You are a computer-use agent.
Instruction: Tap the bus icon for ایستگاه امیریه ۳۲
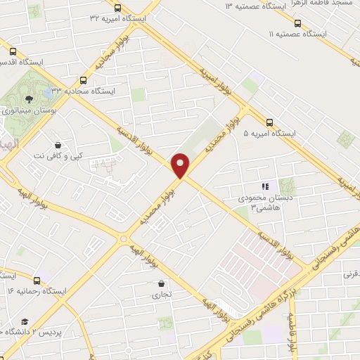click(117, 8)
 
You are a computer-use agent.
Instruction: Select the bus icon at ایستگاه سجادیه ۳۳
click(84, 80)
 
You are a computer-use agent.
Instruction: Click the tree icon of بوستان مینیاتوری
click(29, 100)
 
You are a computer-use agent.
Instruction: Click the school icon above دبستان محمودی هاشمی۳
click(265, 186)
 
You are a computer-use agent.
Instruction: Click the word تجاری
click(162, 296)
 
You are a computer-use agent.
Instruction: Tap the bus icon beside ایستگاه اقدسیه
click(13, 51)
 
